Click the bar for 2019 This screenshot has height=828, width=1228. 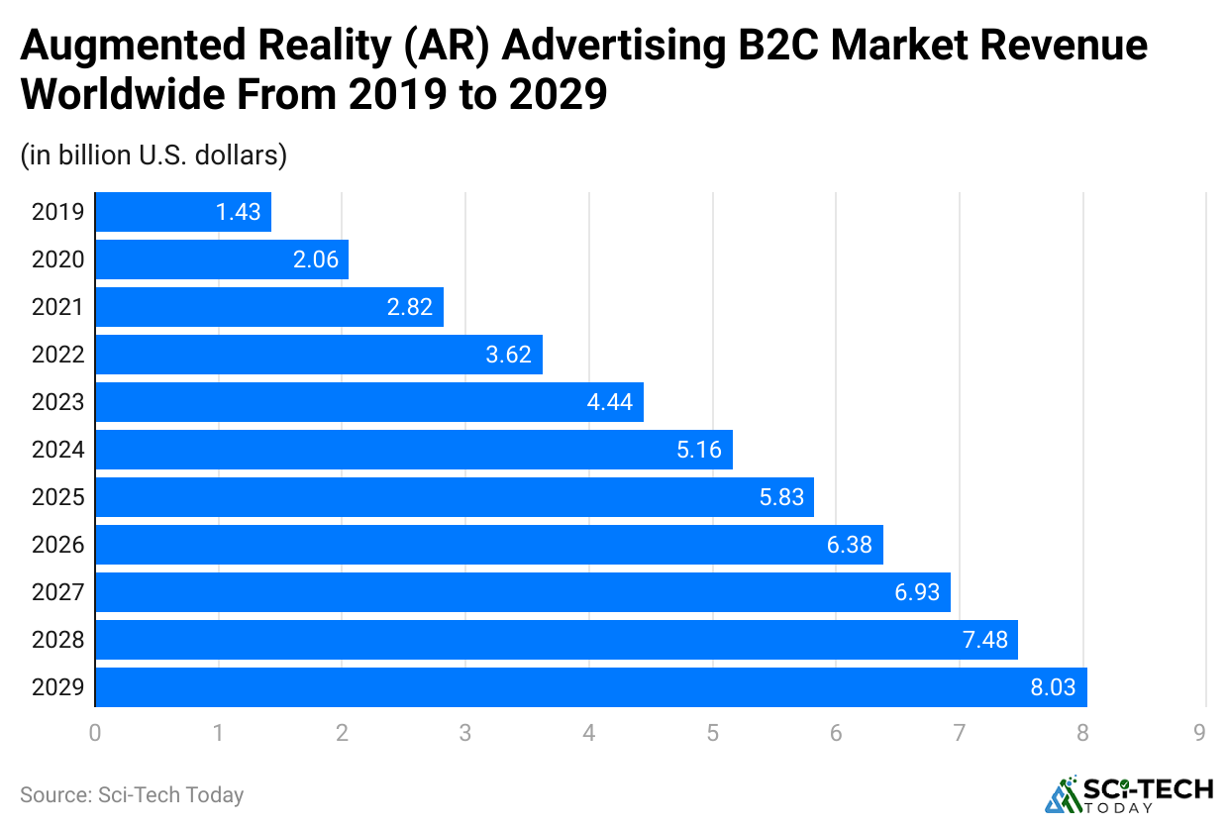[x=183, y=212]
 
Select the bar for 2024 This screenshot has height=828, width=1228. [x=414, y=450]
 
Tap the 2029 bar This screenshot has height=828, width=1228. [x=591, y=687]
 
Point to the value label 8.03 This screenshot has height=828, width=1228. [x=1053, y=687]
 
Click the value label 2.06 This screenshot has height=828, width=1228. [x=316, y=259]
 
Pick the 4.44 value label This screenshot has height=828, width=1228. [x=611, y=402]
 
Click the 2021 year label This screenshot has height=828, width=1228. [x=58, y=307]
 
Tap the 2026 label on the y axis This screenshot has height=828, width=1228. [x=58, y=545]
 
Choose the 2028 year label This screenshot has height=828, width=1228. [x=58, y=640]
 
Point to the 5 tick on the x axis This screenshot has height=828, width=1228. [x=712, y=734]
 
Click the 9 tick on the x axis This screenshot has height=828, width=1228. [x=1199, y=734]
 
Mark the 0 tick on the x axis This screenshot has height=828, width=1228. [x=95, y=734]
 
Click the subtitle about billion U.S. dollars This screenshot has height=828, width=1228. [x=153, y=155]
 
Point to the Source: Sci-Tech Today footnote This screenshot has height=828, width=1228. [x=132, y=794]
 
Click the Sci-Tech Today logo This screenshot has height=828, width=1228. [x=1129, y=793]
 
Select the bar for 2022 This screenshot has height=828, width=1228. [x=319, y=355]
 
